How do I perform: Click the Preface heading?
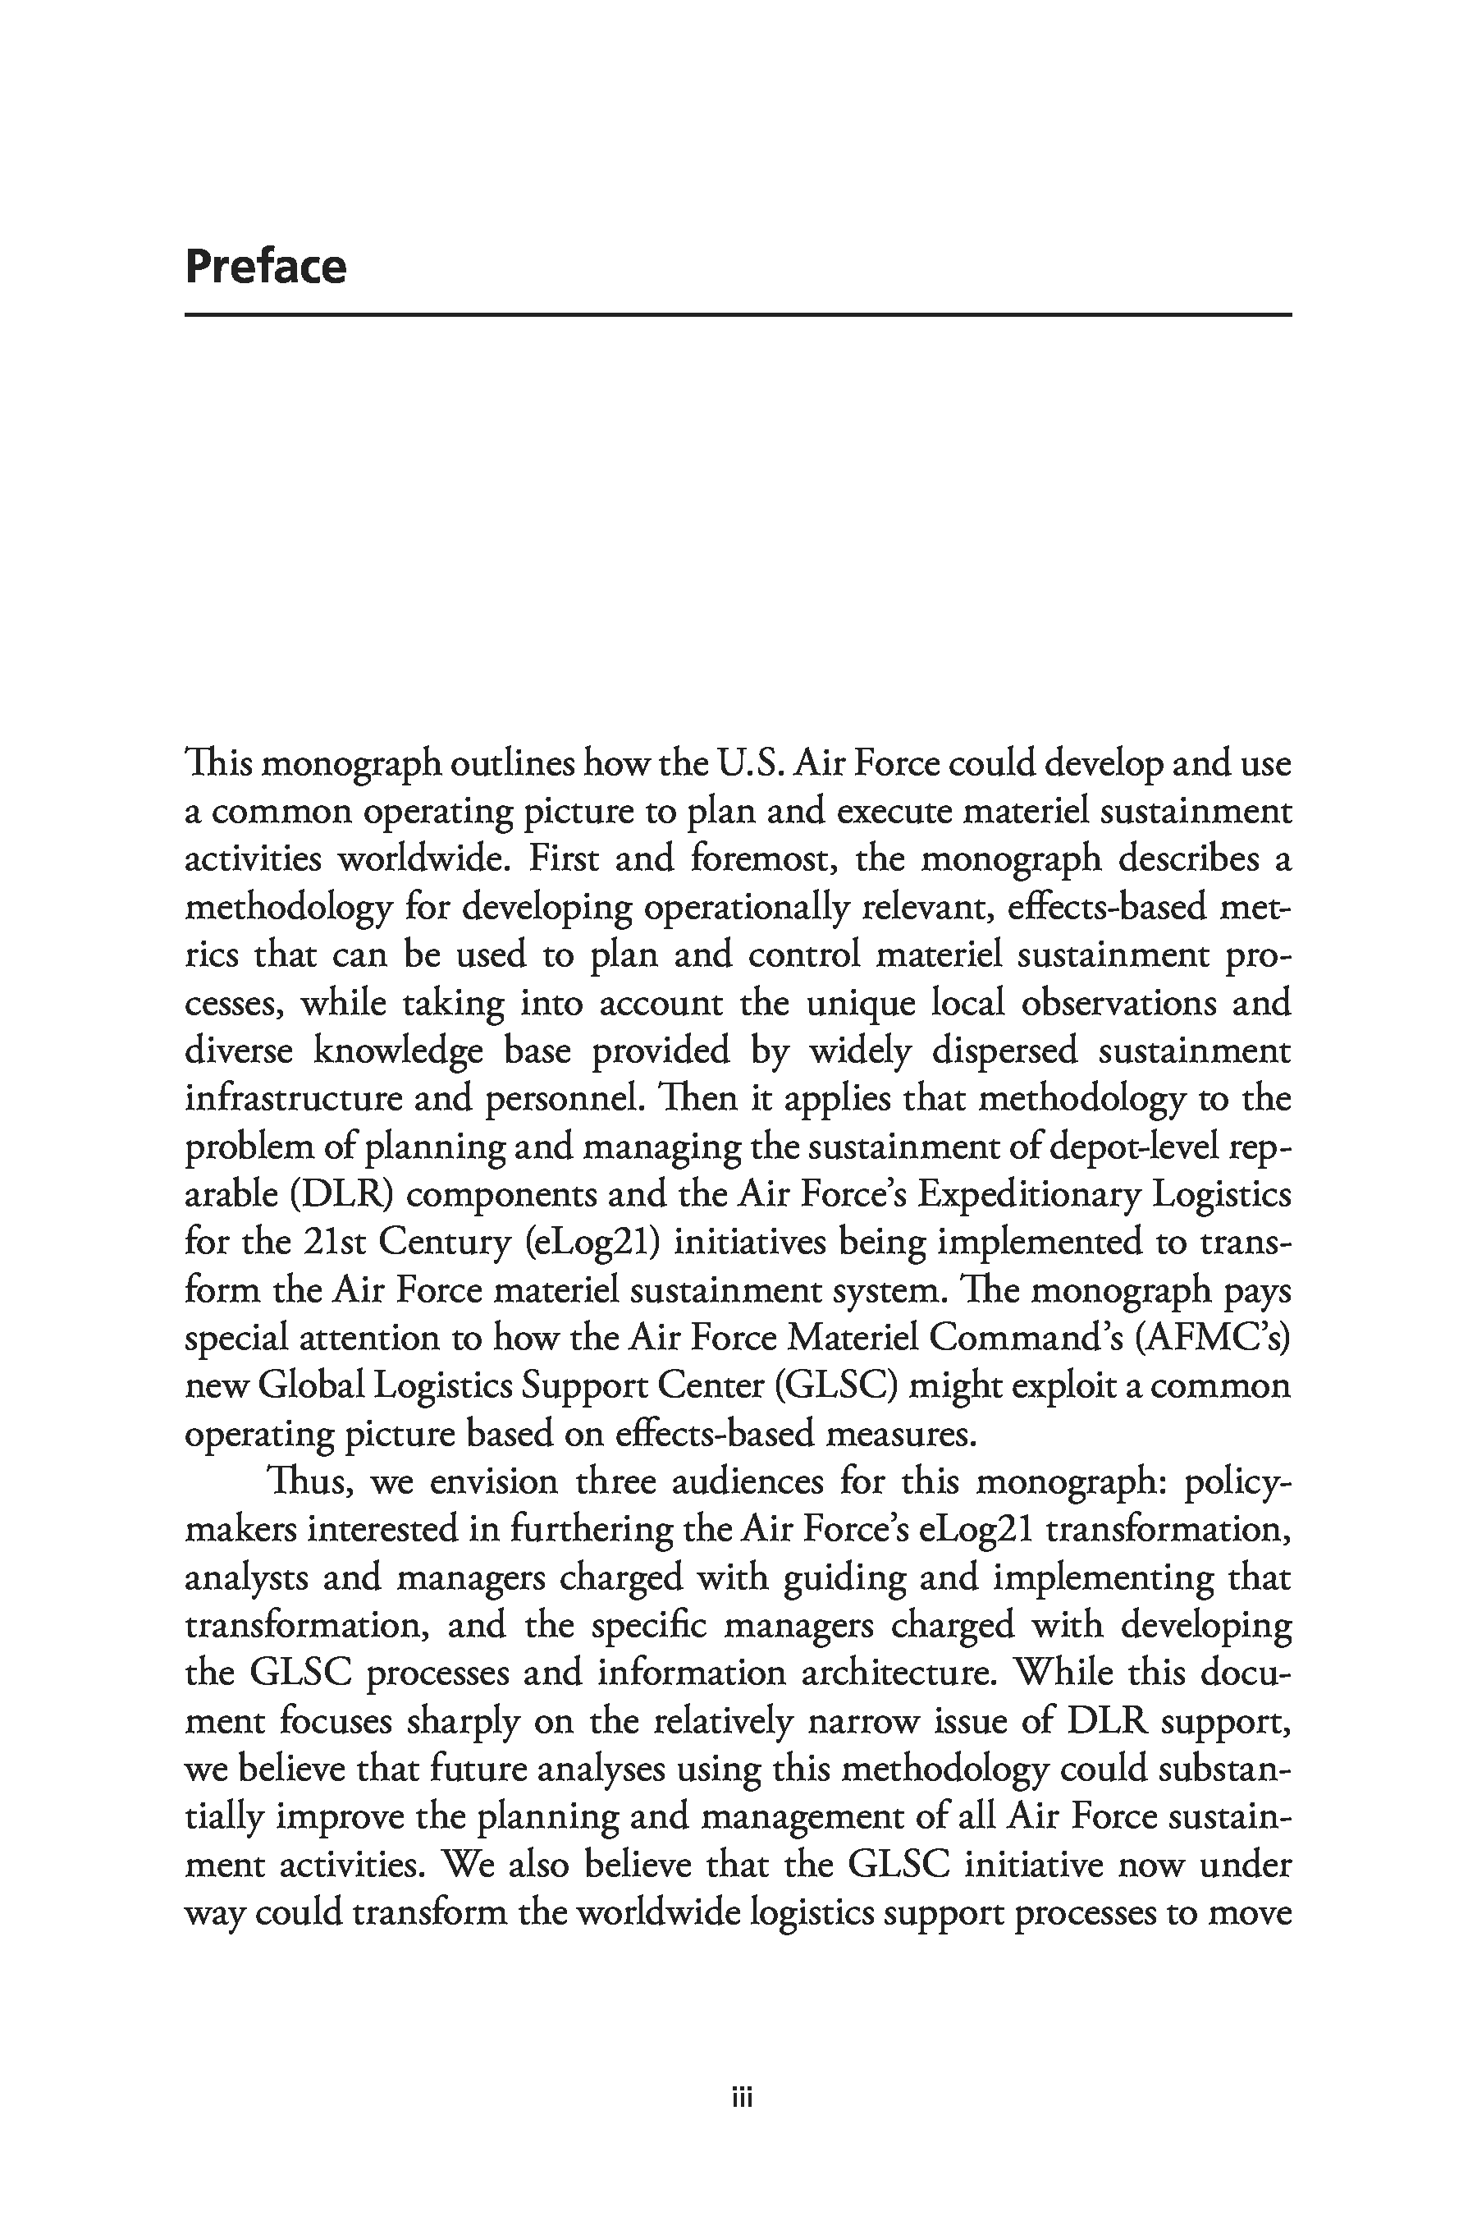pyautogui.click(x=266, y=267)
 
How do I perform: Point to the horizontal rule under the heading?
pyautogui.click(x=738, y=314)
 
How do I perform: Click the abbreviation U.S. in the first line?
pyautogui.click(x=751, y=763)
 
